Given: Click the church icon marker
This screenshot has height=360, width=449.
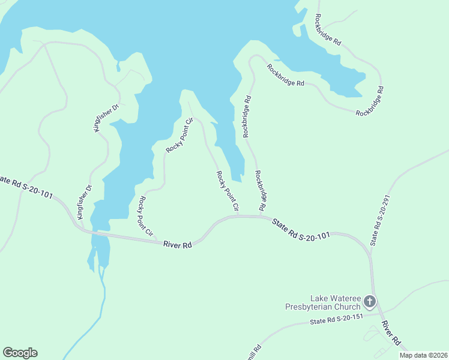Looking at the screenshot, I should pos(370,301).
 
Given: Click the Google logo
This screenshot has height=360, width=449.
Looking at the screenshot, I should pos(20,353).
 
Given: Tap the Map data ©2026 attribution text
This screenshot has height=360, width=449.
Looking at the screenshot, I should pos(423,355).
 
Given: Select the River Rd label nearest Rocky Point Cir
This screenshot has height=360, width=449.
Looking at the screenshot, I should pos(177,245).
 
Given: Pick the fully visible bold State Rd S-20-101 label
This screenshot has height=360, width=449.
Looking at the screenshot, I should pos(301,229).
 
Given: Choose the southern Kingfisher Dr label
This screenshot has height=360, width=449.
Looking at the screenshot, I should pos(84,202).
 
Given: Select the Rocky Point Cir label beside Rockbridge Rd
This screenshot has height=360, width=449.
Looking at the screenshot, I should pos(228,191).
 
